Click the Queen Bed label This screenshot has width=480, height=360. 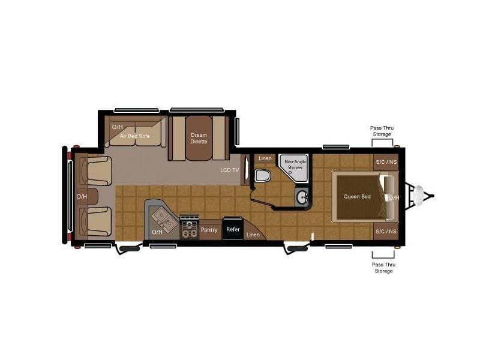tap(357, 197)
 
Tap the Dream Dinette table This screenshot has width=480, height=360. tap(199, 138)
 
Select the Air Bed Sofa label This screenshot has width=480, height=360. tap(134, 136)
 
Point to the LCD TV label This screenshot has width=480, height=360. tap(230, 170)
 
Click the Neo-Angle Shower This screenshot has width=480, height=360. tap(294, 168)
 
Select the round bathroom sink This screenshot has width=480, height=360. tap(303, 197)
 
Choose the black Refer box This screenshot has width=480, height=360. tap(233, 229)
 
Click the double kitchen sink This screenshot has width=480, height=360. tap(164, 218)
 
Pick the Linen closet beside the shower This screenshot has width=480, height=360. tap(265, 158)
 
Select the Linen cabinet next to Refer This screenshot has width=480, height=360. tap(253, 232)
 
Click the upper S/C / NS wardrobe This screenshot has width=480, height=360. tap(386, 162)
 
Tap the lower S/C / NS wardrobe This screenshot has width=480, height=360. tap(386, 232)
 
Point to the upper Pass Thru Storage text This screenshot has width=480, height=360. tap(382, 131)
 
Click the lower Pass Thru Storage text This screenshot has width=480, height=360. tap(383, 268)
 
